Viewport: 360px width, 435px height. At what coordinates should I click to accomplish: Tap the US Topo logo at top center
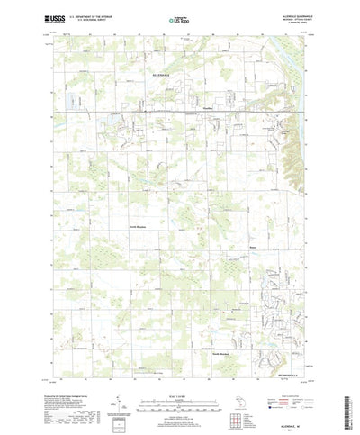point(179,18)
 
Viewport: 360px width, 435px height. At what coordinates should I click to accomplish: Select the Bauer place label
point(253,243)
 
